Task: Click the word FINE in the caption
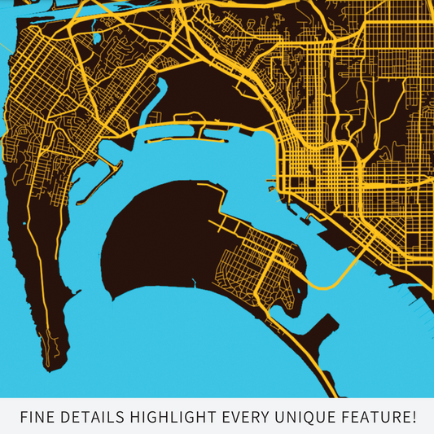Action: click(x=36, y=418)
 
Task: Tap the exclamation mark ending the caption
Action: click(x=414, y=418)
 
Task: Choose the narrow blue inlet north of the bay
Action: click(x=156, y=98)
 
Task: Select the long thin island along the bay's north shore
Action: click(x=204, y=128)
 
